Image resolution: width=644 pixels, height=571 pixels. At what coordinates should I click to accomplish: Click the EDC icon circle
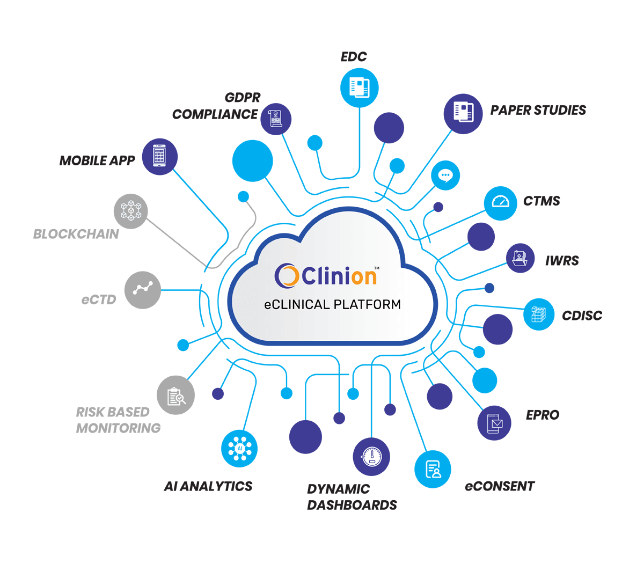(360, 87)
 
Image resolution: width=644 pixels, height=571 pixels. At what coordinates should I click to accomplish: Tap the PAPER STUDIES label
(538, 111)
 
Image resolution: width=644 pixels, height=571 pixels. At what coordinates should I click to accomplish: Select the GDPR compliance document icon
(276, 119)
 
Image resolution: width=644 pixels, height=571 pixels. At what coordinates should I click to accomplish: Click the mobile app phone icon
(159, 156)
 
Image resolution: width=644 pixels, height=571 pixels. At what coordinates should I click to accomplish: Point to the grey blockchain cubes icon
(130, 210)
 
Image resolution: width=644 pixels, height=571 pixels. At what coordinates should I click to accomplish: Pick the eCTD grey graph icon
(143, 290)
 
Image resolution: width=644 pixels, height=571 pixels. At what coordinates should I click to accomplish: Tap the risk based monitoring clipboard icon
(175, 396)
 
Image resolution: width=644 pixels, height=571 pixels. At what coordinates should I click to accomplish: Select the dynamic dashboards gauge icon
(371, 457)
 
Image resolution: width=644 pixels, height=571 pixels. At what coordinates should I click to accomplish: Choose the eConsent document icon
(433, 470)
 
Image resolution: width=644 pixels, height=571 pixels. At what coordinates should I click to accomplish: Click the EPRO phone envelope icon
(494, 423)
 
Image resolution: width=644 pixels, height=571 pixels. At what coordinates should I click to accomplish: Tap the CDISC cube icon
(539, 314)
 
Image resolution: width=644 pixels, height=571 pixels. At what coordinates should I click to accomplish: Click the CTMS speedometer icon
(500, 203)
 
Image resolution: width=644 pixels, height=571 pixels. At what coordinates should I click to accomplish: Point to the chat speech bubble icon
(445, 175)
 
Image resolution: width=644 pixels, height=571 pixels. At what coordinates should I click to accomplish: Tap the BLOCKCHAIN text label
(76, 234)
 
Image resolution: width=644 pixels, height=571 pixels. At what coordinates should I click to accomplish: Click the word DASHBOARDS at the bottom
(352, 505)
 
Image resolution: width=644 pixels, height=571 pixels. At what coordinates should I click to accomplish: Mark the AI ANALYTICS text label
(208, 486)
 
